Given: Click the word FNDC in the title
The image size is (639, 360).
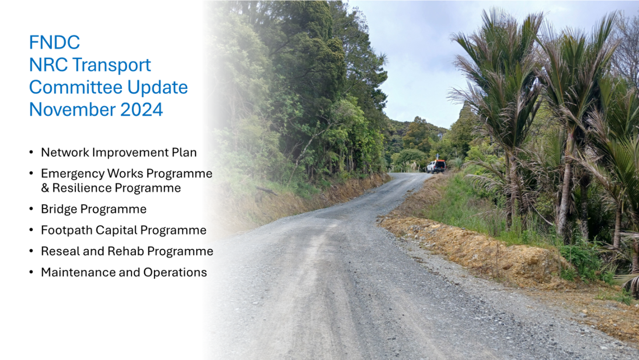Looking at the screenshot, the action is click(54, 42).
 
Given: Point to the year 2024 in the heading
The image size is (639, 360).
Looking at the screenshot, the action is click(141, 109).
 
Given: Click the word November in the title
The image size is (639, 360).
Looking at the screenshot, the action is click(73, 109).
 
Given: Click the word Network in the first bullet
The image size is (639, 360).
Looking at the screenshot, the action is click(65, 152).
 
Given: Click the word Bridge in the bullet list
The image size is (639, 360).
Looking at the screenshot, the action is click(59, 209).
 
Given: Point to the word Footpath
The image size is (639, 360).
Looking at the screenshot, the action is click(67, 230).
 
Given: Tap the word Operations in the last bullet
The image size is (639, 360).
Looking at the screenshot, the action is click(175, 273).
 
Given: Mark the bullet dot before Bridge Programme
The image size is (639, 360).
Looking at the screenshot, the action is click(32, 209).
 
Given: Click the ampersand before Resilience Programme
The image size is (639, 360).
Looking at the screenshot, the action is click(45, 188).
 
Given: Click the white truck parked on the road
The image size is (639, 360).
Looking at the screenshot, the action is click(435, 166).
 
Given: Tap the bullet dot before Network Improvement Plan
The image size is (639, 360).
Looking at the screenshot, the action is click(32, 152).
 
